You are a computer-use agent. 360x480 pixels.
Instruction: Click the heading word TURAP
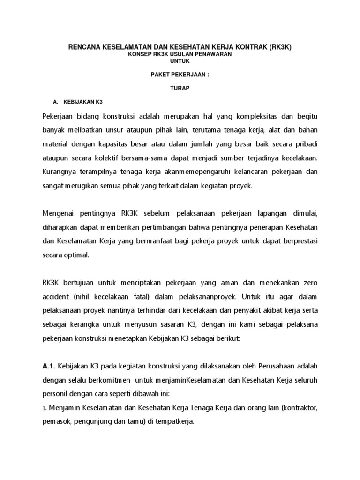pos(180,88)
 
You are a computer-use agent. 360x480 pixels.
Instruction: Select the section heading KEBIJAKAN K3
pos(82,101)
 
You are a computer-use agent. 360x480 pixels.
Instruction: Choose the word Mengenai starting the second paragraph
pos(60,215)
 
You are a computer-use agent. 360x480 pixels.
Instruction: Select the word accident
pos(56,297)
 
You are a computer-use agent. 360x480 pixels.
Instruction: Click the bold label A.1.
pos(50,366)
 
